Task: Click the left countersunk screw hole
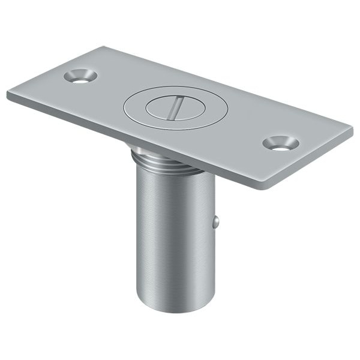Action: pos(80,76)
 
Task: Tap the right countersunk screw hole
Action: pos(280,143)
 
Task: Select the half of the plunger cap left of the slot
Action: pos(160,107)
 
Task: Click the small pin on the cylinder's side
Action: pos(216,222)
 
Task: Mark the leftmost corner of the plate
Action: pos(8,94)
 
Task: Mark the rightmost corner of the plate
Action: pos(352,127)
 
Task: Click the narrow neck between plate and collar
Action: pos(138,148)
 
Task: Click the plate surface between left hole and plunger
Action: pos(108,90)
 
